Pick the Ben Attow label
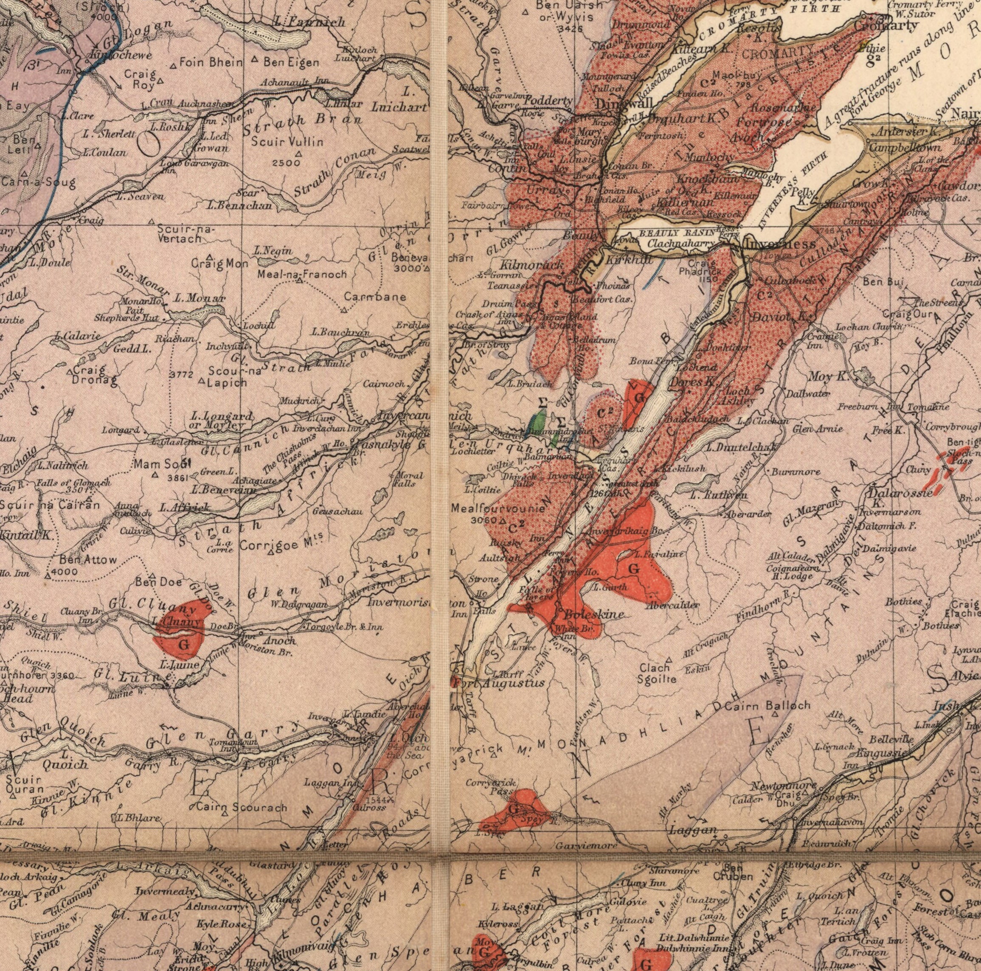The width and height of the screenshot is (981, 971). click(88, 560)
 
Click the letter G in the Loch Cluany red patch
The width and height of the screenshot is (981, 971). click(184, 645)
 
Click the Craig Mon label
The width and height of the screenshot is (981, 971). click(220, 264)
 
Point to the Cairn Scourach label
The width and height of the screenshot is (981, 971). click(241, 807)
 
